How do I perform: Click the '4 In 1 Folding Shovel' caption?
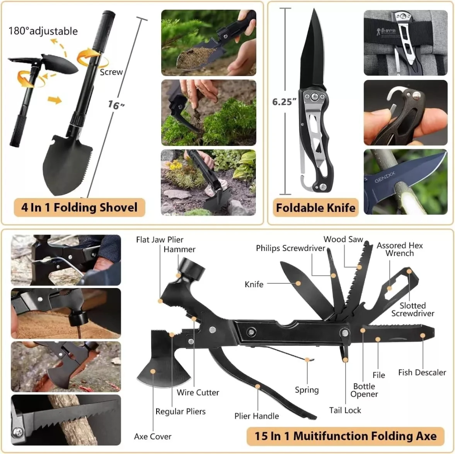(x=80, y=207)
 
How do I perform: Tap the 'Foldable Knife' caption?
(x=316, y=208)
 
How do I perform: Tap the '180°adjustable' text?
(x=43, y=31)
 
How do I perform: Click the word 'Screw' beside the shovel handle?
(x=111, y=72)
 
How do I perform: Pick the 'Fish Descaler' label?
(x=422, y=372)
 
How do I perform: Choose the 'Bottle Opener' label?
(x=365, y=390)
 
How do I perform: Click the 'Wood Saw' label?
(x=343, y=240)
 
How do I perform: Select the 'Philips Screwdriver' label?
(x=290, y=248)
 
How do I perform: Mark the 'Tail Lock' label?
(x=345, y=410)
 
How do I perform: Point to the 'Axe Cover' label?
(x=153, y=436)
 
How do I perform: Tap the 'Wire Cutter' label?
(x=198, y=393)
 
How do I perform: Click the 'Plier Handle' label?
(x=257, y=416)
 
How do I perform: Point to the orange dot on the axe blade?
(x=153, y=371)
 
